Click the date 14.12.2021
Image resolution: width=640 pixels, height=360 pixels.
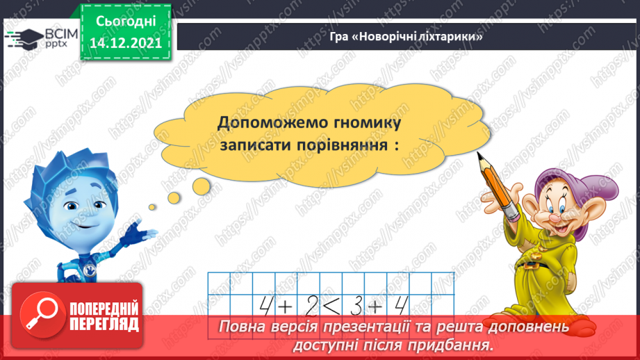pos(126,42)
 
